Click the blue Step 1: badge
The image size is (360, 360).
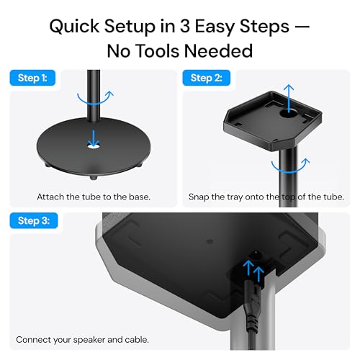point(32,78)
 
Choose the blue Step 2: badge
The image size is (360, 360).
point(206,78)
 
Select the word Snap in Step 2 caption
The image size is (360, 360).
point(199,197)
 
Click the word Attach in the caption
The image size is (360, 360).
point(50,197)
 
